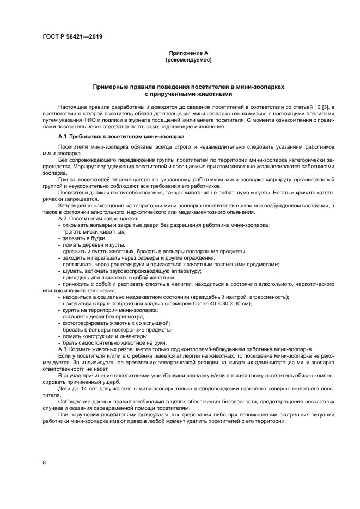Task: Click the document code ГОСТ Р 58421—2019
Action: (72, 37)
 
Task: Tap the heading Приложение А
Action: (188, 53)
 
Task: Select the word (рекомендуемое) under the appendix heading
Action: (188, 59)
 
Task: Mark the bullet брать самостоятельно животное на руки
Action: (111, 342)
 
